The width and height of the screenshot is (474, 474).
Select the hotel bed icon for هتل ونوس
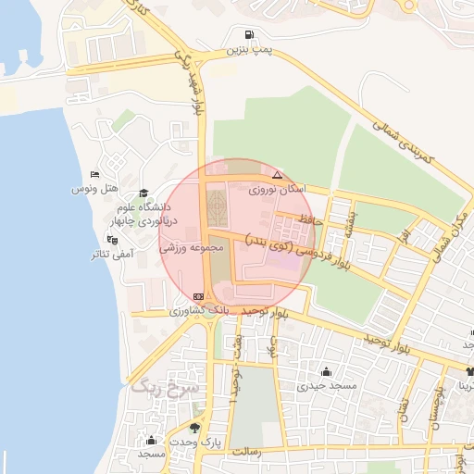click(94, 175)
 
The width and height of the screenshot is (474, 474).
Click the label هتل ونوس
click(94, 189)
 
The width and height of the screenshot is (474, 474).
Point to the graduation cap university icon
click(143, 193)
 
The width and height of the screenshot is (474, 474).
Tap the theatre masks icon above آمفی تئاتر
click(112, 240)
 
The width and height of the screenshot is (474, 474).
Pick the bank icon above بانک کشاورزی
click(196, 296)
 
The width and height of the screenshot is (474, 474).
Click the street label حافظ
click(312, 219)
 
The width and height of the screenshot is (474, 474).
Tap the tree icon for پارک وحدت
click(194, 428)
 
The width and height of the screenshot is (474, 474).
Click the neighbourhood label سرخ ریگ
click(154, 386)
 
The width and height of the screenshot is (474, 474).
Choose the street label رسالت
click(249, 452)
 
